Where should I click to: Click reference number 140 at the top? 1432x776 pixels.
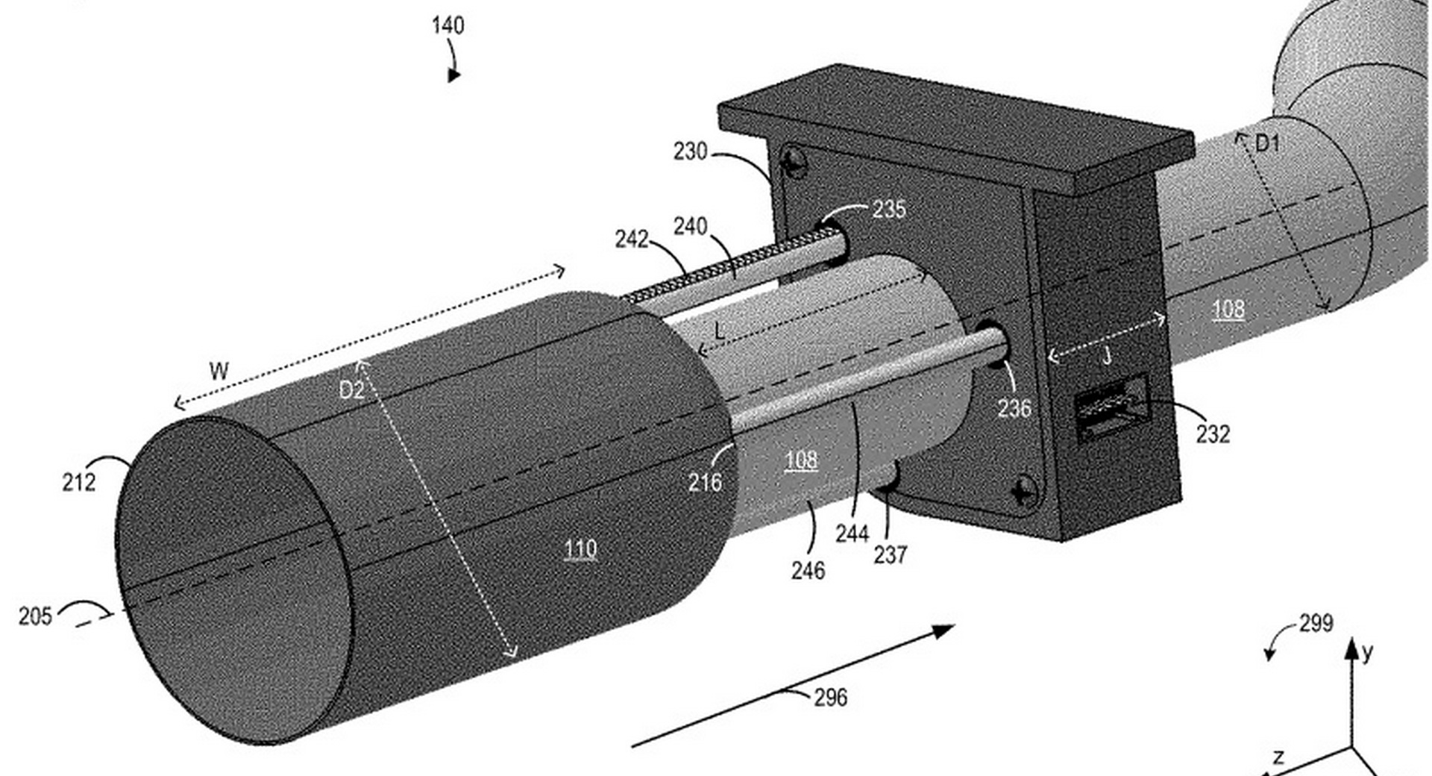click(x=447, y=25)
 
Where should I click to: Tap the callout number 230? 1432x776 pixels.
click(x=690, y=151)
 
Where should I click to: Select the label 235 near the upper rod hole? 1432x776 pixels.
click(x=889, y=209)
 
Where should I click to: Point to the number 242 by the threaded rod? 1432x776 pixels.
click(x=631, y=239)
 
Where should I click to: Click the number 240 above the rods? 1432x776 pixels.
click(x=690, y=226)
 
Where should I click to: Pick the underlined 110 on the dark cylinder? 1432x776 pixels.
click(x=580, y=550)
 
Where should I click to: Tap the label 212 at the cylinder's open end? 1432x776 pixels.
click(x=79, y=482)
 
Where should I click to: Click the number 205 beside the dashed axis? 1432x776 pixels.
click(x=35, y=616)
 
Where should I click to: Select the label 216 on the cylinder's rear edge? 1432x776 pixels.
click(x=704, y=483)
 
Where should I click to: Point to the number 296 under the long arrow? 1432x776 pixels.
click(x=830, y=698)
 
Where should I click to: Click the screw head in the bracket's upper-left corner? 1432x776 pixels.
click(x=794, y=162)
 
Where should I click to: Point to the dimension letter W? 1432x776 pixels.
click(x=219, y=371)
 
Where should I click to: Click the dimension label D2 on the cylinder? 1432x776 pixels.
click(x=351, y=390)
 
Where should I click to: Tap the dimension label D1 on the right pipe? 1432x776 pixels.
click(x=1267, y=143)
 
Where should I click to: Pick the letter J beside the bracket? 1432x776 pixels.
click(x=1107, y=356)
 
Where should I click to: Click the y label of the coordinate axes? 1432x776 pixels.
click(x=1366, y=653)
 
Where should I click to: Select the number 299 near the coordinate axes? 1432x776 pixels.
click(x=1316, y=623)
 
